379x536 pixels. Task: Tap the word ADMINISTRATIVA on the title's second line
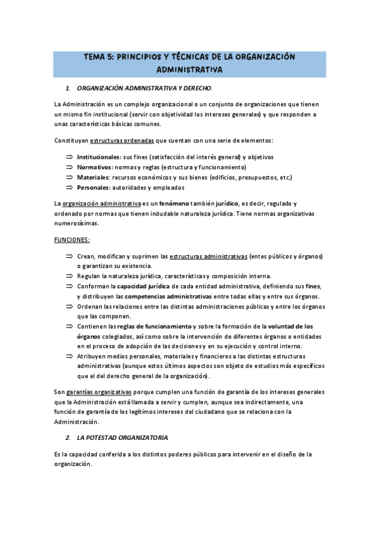coord(189,69)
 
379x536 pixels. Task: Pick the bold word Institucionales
coord(99,157)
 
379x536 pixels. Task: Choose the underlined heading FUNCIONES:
coord(72,240)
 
